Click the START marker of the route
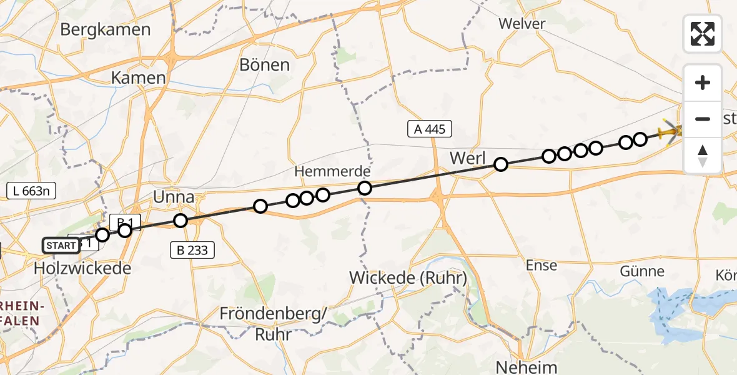pos(61,246)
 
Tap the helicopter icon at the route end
pos(671,132)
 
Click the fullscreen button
pos(703,34)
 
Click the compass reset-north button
pos(703,156)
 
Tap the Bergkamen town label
pos(106,29)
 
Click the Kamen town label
pos(138,78)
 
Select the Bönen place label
pos(265,64)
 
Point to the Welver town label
pos(522,24)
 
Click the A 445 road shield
pos(429,129)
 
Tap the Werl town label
pos(467,159)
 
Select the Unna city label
pos(174,197)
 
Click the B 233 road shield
pos(192,251)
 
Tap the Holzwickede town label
pos(82,269)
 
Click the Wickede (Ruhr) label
pos(408,278)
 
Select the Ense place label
pos(541,265)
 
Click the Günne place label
pos(642,271)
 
